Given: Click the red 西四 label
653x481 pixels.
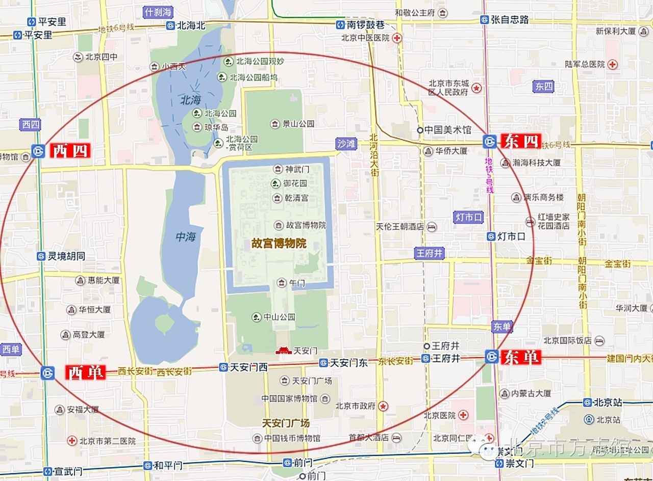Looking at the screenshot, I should [70, 151].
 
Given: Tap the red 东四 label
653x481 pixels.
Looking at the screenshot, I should [521, 141].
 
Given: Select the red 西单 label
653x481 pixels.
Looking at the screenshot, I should [86, 372].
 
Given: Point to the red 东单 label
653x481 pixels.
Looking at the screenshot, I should [521, 357].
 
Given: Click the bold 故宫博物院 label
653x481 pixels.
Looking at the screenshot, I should [279, 244].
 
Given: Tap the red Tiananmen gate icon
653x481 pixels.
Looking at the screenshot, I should [283, 351].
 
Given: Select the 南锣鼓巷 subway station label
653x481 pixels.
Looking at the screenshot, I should [366, 24].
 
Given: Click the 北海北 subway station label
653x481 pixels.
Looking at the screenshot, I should [191, 25].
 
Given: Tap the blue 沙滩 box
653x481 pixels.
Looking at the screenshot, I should [346, 144].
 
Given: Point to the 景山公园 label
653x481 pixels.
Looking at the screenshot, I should [298, 124].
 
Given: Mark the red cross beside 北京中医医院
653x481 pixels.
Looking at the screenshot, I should [396, 38].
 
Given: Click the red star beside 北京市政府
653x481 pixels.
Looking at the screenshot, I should [383, 406].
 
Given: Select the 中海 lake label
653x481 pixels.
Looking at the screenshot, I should [186, 237].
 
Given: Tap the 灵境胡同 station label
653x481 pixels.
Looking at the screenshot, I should [66, 256].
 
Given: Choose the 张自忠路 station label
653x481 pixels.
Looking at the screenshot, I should [509, 20].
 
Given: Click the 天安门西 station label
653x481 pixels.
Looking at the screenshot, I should [248, 367].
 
